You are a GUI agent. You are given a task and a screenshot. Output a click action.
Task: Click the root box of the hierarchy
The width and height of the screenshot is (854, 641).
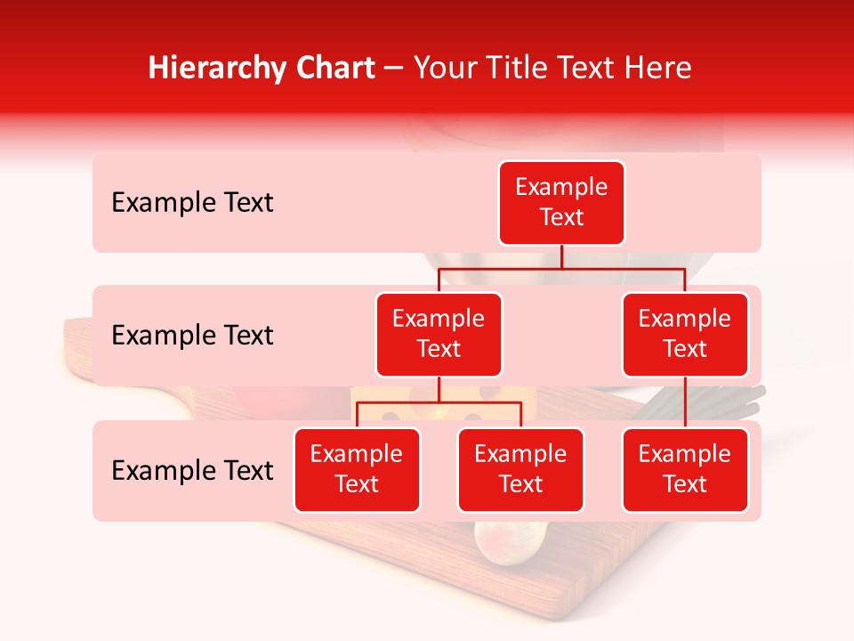561,203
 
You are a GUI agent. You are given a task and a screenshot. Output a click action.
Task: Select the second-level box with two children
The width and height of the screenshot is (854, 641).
439,335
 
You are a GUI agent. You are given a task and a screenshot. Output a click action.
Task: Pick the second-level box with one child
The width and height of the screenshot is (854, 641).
685,335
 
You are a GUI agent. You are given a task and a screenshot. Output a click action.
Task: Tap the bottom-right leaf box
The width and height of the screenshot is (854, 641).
685,470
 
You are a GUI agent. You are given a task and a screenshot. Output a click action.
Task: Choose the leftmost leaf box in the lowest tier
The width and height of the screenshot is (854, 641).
357,470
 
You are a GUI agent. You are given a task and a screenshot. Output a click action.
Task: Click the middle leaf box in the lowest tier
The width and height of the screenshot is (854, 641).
520,470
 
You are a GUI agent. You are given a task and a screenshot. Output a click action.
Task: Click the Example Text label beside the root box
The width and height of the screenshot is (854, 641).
192,203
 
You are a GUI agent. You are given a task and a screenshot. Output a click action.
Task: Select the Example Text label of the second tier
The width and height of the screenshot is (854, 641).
192,336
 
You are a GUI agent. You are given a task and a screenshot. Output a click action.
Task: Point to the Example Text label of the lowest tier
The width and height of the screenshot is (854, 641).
192,471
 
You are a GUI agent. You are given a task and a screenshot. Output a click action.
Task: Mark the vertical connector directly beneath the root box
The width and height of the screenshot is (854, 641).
561,256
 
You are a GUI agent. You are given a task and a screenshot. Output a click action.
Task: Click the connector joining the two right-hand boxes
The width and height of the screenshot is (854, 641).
685,402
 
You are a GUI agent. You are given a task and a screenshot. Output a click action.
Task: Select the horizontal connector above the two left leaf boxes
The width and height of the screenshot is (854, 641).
439,403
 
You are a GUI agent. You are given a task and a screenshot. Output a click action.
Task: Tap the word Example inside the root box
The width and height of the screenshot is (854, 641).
561,187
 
